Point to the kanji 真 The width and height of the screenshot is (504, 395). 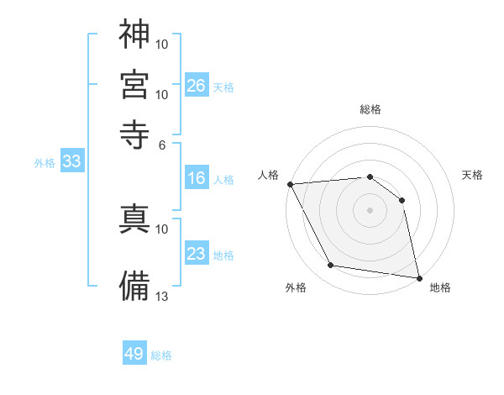coord(134,219)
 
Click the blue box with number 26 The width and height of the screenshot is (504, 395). coord(197,86)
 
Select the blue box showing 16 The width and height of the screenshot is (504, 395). coord(197,178)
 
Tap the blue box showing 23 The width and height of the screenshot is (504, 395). coord(197,254)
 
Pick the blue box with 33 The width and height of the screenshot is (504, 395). coord(71,162)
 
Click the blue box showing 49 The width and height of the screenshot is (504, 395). coord(134,354)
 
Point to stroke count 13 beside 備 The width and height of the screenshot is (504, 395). coord(162,296)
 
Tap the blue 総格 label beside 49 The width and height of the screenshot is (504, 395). coord(161,355)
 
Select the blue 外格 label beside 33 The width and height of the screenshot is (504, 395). coord(44,164)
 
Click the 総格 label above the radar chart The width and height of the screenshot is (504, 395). coord(370,109)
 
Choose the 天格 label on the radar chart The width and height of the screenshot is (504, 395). coord(472,175)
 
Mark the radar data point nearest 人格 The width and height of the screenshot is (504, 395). coord(290,184)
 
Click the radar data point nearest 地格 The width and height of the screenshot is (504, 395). coord(418,277)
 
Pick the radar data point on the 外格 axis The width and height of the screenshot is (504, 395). coord(331,266)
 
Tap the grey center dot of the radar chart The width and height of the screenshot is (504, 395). coord(370,209)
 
